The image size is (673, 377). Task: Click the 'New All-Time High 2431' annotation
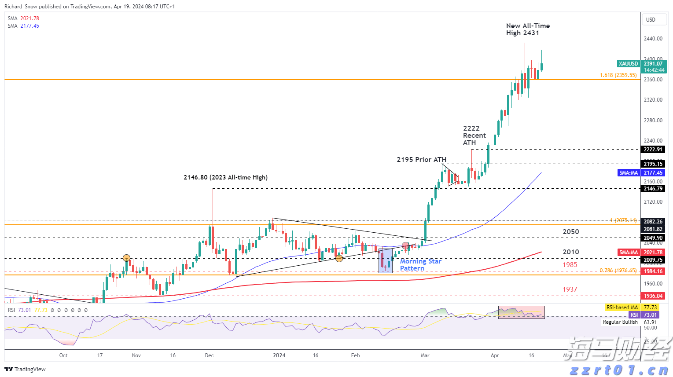tap(528, 29)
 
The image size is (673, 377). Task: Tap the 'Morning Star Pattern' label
tap(420, 265)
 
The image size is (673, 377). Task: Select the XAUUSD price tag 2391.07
tap(653, 64)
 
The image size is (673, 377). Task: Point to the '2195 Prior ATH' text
tap(421, 160)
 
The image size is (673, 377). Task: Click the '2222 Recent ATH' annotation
tap(474, 135)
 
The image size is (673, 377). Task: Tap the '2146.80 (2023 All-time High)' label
tap(225, 178)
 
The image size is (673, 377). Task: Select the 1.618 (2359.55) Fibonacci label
tap(618, 75)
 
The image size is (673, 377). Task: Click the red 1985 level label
tap(570, 265)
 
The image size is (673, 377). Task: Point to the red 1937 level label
tap(570, 289)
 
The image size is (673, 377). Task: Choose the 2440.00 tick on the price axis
tap(653, 39)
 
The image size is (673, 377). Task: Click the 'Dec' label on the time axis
tap(209, 355)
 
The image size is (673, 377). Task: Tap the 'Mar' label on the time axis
tap(425, 355)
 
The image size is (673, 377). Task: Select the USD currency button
tap(651, 20)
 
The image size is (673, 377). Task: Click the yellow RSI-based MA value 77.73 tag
tap(650, 307)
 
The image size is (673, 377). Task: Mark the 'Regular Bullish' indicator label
tap(620, 322)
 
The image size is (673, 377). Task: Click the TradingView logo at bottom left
tap(25, 369)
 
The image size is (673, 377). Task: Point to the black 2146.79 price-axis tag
tap(653, 189)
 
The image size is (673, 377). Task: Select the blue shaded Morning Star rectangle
tap(385, 260)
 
